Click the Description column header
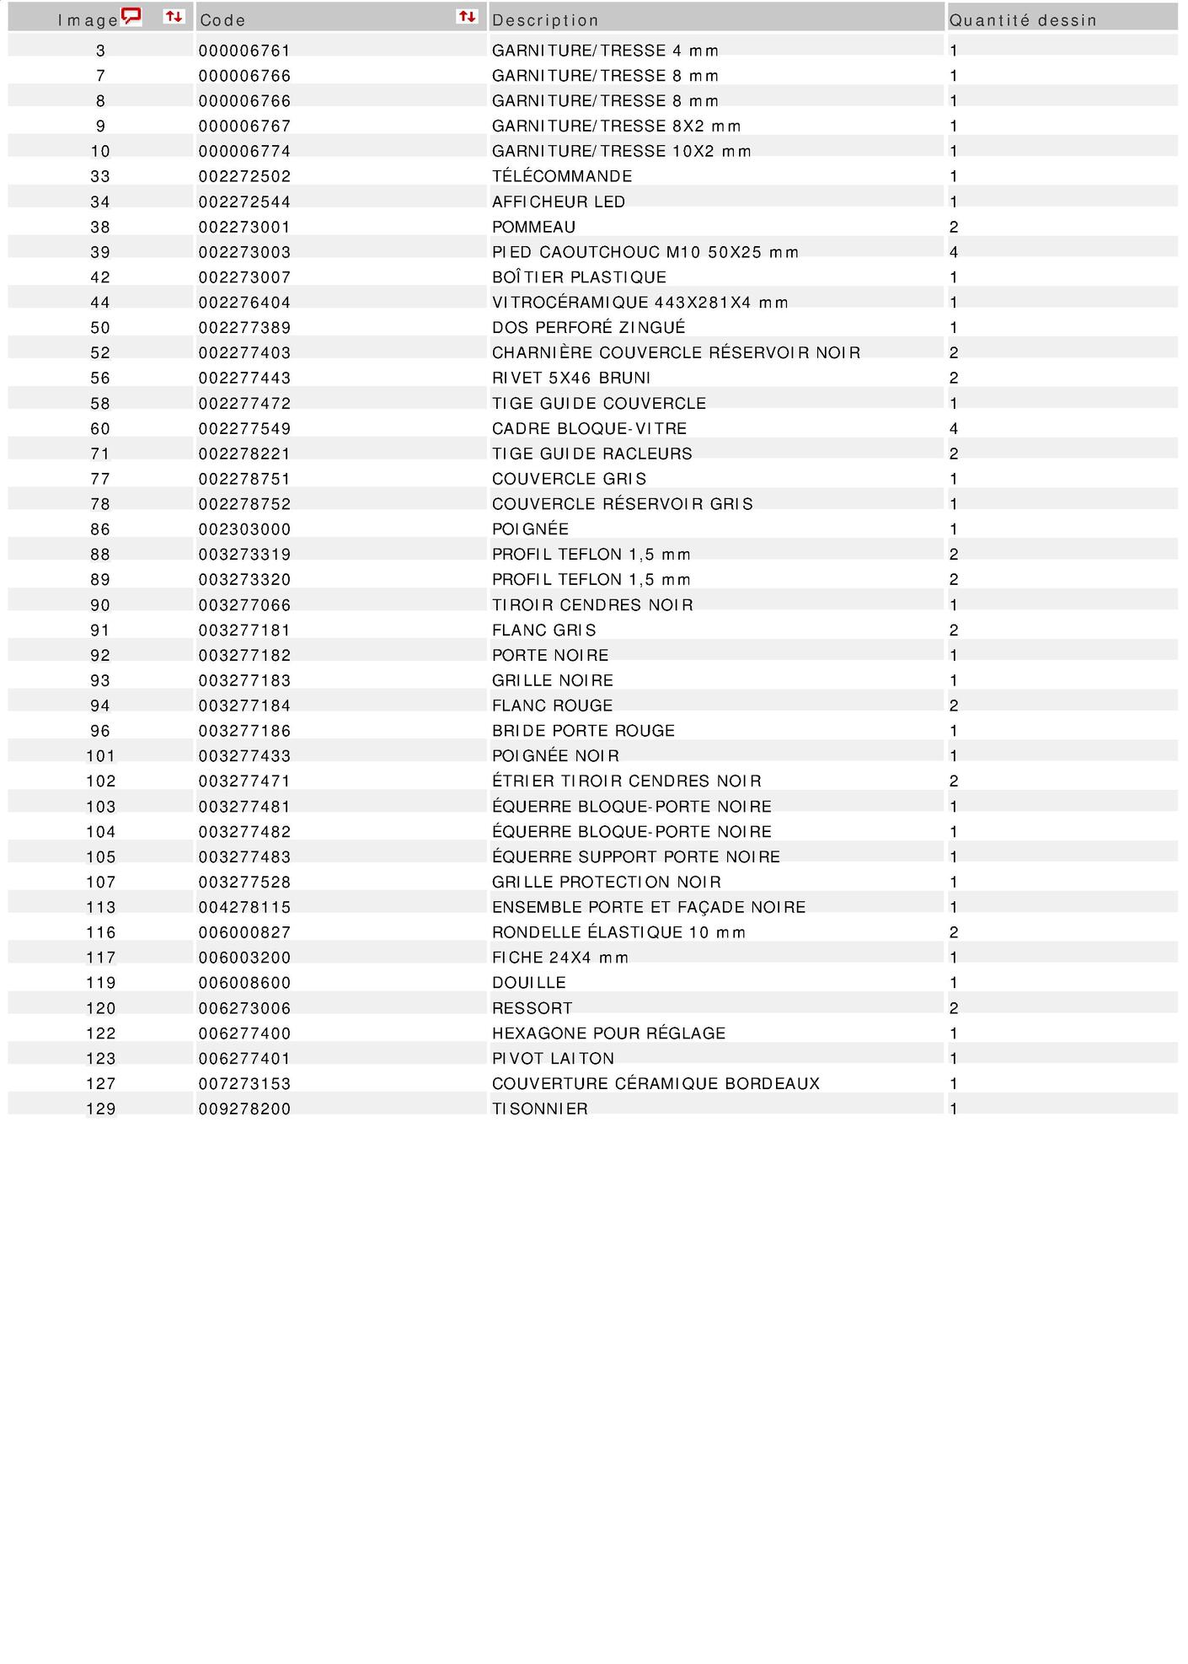545,20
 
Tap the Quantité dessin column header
1023,20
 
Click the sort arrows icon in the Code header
467,16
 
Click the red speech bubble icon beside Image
131,16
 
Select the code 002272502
244,177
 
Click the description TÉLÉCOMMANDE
562,177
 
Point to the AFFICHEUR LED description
559,202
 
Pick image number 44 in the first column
100,303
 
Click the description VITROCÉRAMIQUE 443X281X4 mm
640,303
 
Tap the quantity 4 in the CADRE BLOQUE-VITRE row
954,429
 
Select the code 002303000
244,529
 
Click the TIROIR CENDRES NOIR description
592,605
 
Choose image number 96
100,731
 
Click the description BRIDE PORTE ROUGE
583,731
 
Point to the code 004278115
244,908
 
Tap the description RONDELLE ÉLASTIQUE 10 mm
619,932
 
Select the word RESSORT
532,1008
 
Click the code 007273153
244,1084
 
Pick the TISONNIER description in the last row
540,1109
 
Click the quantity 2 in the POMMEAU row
954,228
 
